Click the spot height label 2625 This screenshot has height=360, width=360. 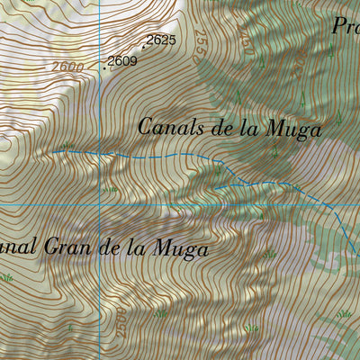159,40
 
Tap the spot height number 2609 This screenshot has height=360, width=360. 121,62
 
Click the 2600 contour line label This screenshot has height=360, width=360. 68,67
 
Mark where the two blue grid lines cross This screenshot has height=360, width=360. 99,206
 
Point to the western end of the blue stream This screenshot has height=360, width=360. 52,152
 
